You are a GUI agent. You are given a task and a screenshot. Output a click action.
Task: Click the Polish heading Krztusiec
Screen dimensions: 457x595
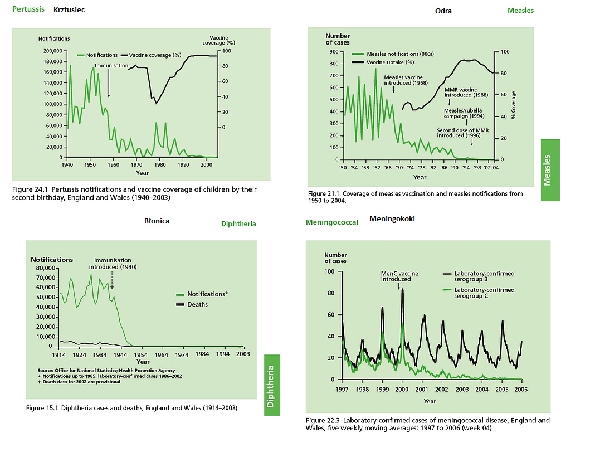point(69,10)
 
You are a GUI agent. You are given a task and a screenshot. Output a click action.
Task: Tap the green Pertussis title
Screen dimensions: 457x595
point(28,9)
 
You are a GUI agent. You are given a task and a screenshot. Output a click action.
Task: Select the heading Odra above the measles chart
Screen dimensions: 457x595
point(443,11)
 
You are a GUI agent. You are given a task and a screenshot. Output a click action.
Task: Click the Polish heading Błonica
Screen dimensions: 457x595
point(157,221)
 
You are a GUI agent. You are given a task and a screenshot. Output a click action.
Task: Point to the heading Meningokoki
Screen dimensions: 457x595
point(392,219)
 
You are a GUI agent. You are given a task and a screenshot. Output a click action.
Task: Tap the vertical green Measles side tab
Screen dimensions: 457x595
point(550,170)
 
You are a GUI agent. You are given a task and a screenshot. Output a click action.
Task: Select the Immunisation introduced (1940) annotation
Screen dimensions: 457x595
point(113,263)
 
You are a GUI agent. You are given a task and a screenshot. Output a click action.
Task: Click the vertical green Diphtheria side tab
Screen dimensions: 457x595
point(271,386)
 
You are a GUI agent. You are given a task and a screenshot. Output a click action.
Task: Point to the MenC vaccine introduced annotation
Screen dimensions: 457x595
point(399,276)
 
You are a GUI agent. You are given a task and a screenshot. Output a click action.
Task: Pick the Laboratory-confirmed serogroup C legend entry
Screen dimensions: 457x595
point(484,293)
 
